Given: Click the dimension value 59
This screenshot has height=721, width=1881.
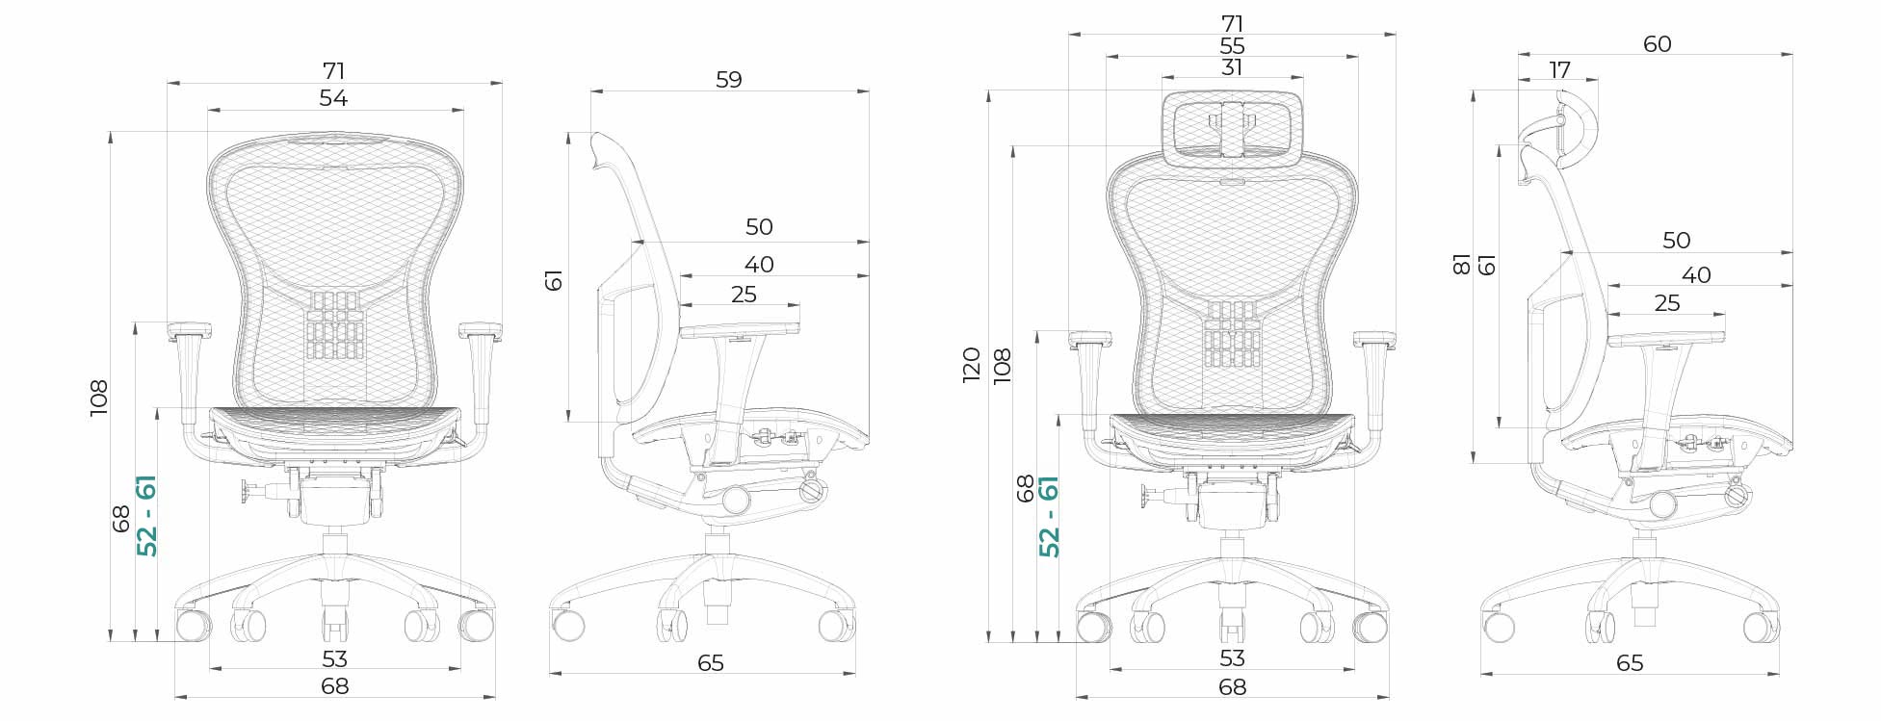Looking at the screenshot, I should click(729, 80).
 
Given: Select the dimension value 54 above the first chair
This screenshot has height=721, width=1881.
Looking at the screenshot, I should click(333, 98).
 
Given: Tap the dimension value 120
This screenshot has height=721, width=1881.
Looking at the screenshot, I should click(971, 365).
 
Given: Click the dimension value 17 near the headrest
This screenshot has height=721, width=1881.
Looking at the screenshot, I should click(1559, 70).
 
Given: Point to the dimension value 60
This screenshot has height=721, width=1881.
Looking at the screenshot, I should click(1657, 44).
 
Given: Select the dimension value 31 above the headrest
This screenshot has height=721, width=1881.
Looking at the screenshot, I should click(1231, 67).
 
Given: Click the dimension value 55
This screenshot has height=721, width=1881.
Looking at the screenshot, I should click(1231, 46).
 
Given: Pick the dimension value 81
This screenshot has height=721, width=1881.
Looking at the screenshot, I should click(1461, 264).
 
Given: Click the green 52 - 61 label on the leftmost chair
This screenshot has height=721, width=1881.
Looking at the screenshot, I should click(147, 515).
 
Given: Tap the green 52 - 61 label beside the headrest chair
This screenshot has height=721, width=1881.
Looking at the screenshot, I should click(1049, 516).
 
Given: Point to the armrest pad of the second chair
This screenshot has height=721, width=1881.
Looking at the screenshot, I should click(740, 330).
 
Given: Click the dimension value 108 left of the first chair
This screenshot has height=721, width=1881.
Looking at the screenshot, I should click(99, 398).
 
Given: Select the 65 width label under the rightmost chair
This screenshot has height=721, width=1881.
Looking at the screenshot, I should click(1630, 663).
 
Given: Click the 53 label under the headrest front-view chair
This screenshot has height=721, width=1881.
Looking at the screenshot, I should click(1232, 658).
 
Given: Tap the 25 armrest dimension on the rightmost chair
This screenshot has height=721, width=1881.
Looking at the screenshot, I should click(1666, 303).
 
